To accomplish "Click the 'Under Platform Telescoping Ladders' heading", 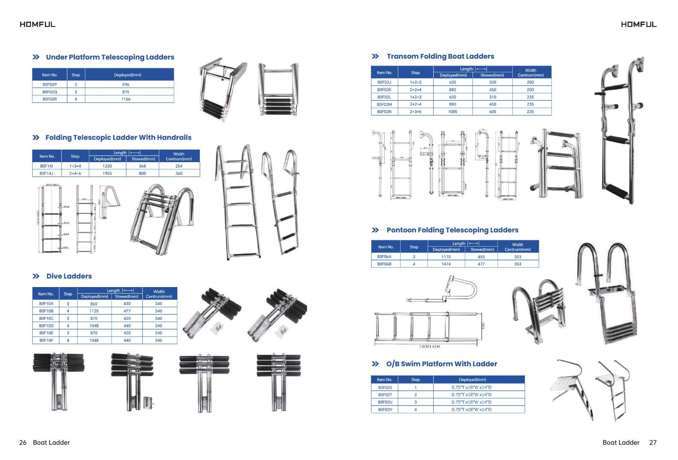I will click(110, 57).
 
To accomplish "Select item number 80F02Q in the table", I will click(49, 92).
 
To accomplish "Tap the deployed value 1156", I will click(126, 99).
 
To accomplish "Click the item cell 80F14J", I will click(46, 173).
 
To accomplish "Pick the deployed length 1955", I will click(107, 173).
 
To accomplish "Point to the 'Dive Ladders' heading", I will click(69, 276).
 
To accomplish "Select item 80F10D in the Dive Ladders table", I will click(46, 326).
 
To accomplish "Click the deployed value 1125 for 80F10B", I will click(94, 311).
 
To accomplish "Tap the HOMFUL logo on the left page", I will click(38, 24).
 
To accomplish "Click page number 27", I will click(653, 442).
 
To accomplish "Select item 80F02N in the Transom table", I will click(384, 111).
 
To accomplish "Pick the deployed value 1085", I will click(453, 111).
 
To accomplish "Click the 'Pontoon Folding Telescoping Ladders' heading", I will click(452, 230).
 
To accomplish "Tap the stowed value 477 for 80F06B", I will click(481, 264).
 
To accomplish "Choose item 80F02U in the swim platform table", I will click(385, 402).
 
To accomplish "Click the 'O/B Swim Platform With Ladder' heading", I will click(441, 364).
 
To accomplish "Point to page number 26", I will click(23, 442).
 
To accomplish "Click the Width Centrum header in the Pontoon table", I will click(518, 247).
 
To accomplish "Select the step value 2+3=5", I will click(415, 111).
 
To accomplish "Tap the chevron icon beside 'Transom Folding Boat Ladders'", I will click(375, 56).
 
